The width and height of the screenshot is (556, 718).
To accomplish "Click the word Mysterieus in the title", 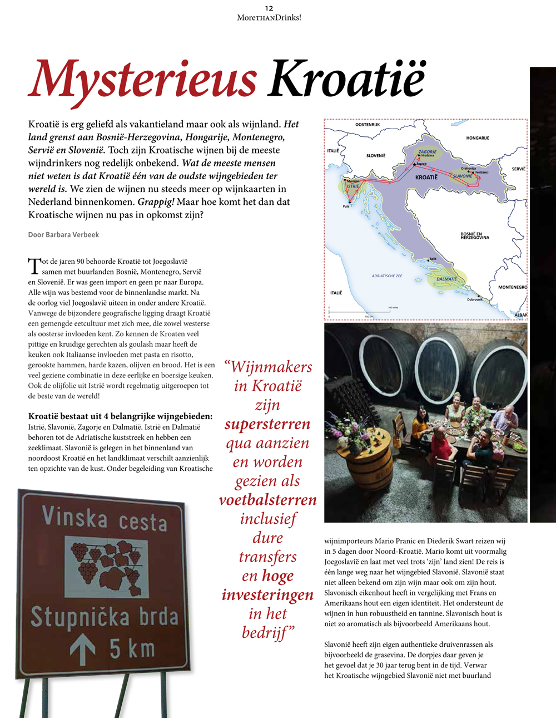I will [x=142, y=80].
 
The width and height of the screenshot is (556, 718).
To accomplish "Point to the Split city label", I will [x=433, y=259].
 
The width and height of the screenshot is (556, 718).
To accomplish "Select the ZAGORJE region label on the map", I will [x=428, y=151].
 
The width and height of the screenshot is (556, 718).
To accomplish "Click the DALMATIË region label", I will [x=446, y=279].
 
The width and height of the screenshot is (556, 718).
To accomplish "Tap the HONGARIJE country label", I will [x=477, y=138].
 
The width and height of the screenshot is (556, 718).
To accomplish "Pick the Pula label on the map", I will [x=346, y=206].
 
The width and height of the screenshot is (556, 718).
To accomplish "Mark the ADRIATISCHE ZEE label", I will [x=386, y=276].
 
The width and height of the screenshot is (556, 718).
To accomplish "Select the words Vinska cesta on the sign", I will [x=104, y=519].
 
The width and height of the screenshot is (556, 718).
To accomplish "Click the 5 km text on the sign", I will [x=132, y=649].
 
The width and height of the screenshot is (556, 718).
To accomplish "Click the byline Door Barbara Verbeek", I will [x=63, y=235].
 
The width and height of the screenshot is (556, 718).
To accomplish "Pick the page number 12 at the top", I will [x=269, y=8].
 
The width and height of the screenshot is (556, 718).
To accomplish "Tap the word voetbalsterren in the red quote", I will [x=267, y=500].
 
